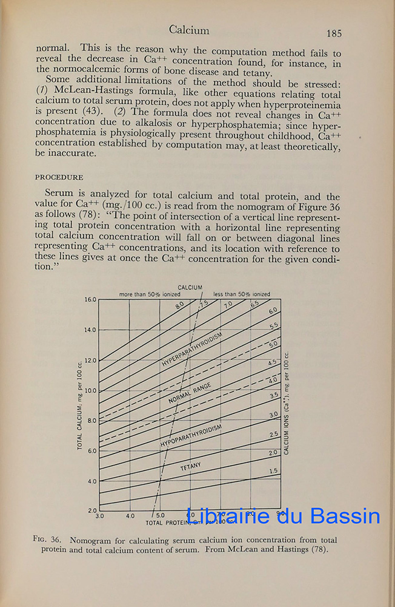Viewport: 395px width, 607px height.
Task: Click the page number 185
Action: click(334, 34)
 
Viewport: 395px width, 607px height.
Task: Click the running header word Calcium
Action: click(189, 30)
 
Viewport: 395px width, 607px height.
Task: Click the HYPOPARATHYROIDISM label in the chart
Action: click(191, 436)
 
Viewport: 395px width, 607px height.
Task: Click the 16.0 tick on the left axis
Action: click(90, 300)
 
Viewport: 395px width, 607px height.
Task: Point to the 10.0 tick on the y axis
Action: click(90, 390)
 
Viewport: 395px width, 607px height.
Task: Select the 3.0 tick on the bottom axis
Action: click(100, 517)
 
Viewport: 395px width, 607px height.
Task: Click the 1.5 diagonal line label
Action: click(273, 471)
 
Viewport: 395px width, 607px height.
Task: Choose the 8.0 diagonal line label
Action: click(180, 306)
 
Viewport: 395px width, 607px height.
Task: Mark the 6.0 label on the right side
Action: click(273, 311)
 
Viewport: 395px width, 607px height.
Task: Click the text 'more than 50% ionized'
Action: click(148, 294)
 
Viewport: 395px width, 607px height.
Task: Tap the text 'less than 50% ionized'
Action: click(242, 294)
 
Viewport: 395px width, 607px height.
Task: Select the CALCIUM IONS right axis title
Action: click(287, 403)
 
